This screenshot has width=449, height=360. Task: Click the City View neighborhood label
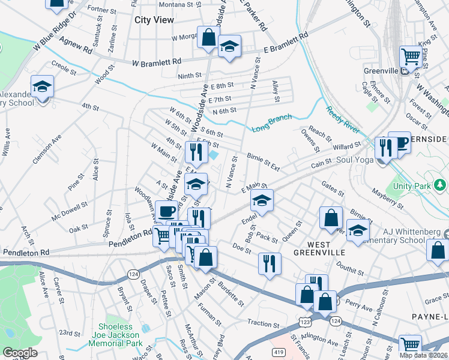[154, 20]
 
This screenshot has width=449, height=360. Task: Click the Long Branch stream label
[271, 122]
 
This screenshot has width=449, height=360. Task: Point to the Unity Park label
[412, 186]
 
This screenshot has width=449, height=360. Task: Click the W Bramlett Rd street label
[156, 62]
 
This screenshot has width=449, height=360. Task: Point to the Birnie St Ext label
[263, 161]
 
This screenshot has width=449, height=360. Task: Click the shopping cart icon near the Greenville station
[411, 57]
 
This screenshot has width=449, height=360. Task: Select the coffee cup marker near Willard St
[399, 143]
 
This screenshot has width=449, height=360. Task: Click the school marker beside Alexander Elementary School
[42, 87]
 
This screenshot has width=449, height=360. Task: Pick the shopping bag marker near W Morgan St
[208, 37]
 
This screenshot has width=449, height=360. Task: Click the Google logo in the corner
[20, 353]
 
